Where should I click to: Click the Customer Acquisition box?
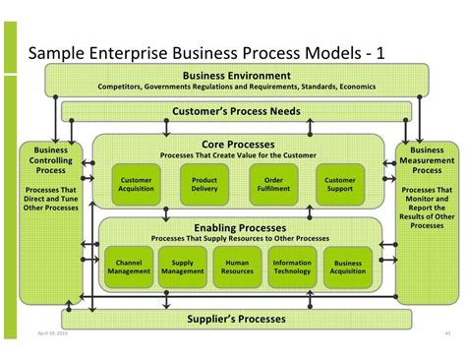pos(136,185)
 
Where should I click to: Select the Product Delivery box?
pos(204,185)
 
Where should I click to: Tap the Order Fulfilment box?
pos(273,185)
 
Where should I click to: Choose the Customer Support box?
pos(340,185)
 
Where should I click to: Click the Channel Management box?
pos(129,267)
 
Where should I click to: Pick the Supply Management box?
pos(183,267)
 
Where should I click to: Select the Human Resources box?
pos(237,267)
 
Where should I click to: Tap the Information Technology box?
pos(292,267)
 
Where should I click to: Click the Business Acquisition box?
pos(348,267)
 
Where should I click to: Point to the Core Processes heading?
pos(237,144)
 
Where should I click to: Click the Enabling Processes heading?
pos(239,228)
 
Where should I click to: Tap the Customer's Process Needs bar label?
pos(237,112)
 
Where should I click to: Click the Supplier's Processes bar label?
pos(237,319)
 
